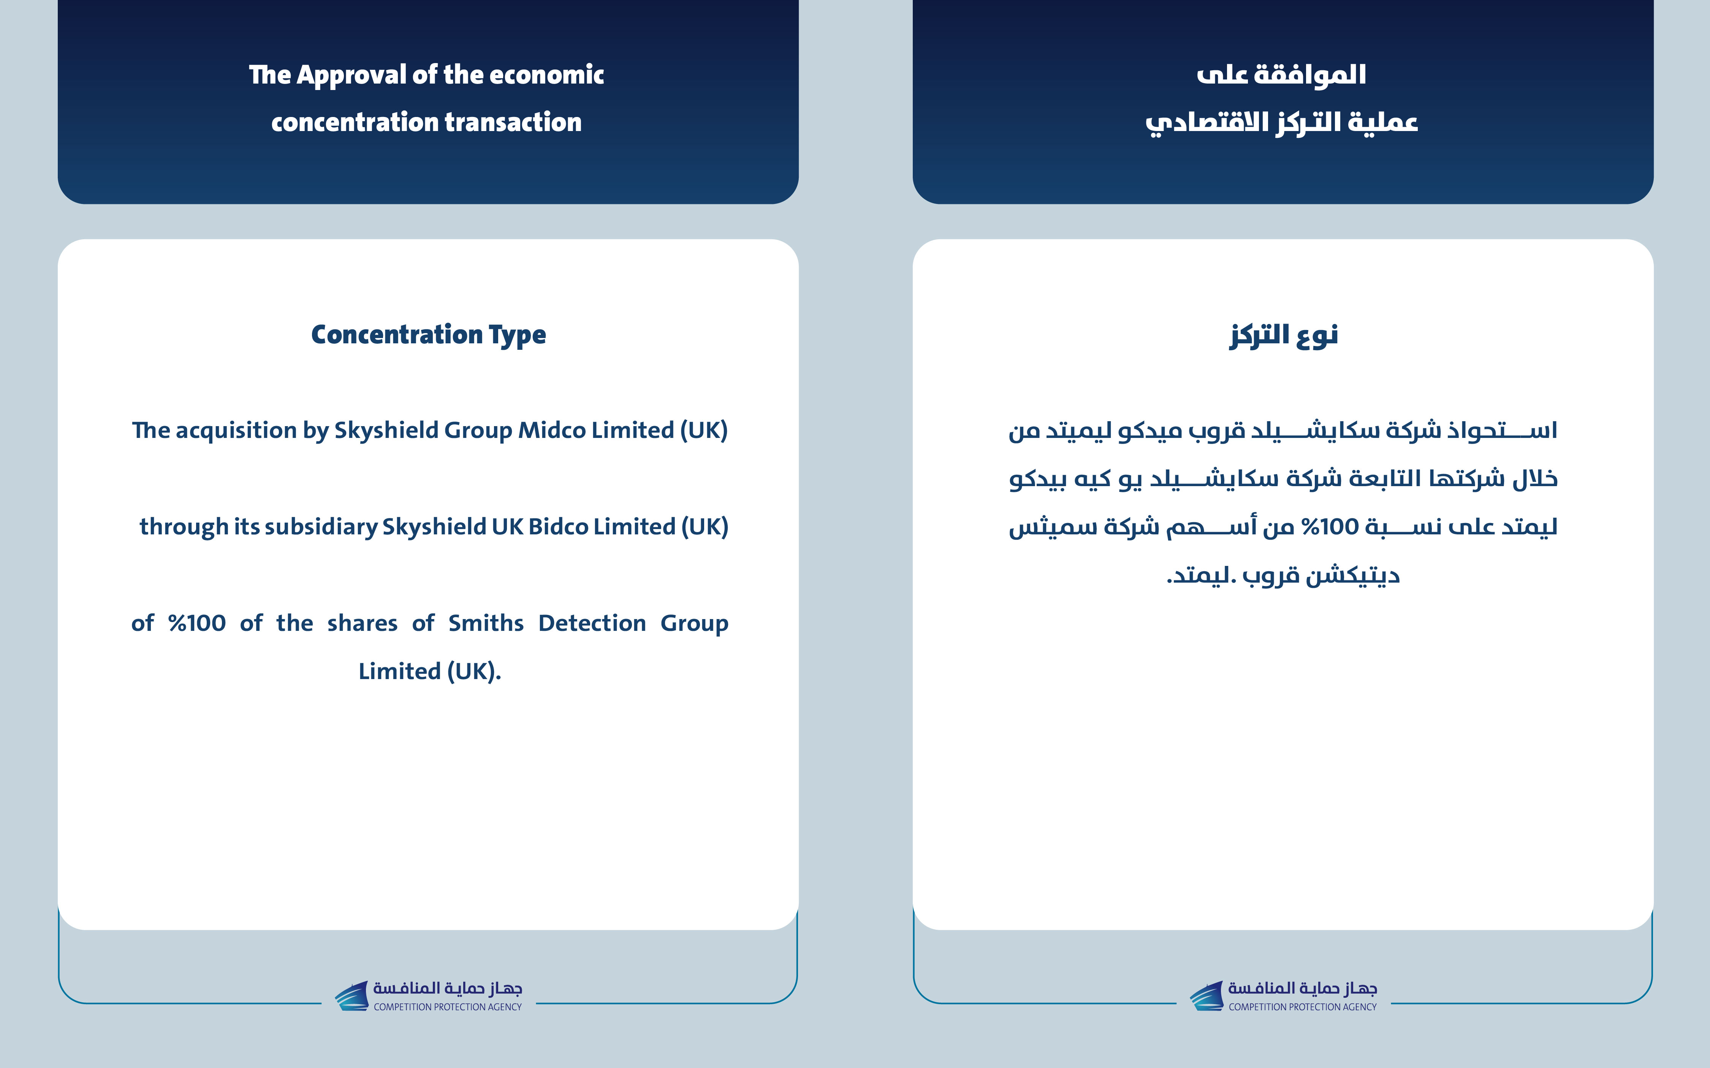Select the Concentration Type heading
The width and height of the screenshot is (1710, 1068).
[x=428, y=335]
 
